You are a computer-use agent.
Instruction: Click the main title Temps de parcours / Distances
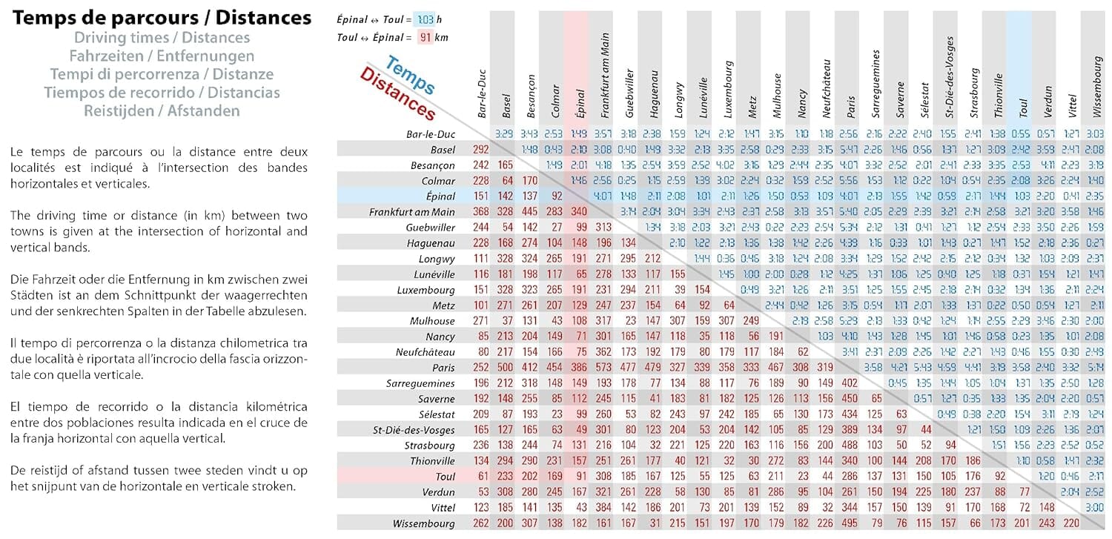coord(162,18)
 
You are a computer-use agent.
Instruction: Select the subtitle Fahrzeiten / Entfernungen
coord(162,56)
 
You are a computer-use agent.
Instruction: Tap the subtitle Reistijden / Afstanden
coord(162,111)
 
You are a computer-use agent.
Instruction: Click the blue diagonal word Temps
coord(410,76)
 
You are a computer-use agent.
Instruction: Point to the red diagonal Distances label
coord(397,94)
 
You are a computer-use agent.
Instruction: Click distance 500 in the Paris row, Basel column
coord(506,368)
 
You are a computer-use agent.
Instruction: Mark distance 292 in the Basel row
coord(481,150)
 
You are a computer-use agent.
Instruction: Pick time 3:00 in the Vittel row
coord(1093,508)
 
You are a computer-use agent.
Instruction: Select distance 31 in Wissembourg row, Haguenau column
coord(654,523)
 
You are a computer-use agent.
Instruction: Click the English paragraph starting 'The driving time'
coord(159,223)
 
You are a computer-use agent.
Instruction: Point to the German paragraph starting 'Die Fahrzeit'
coord(159,294)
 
